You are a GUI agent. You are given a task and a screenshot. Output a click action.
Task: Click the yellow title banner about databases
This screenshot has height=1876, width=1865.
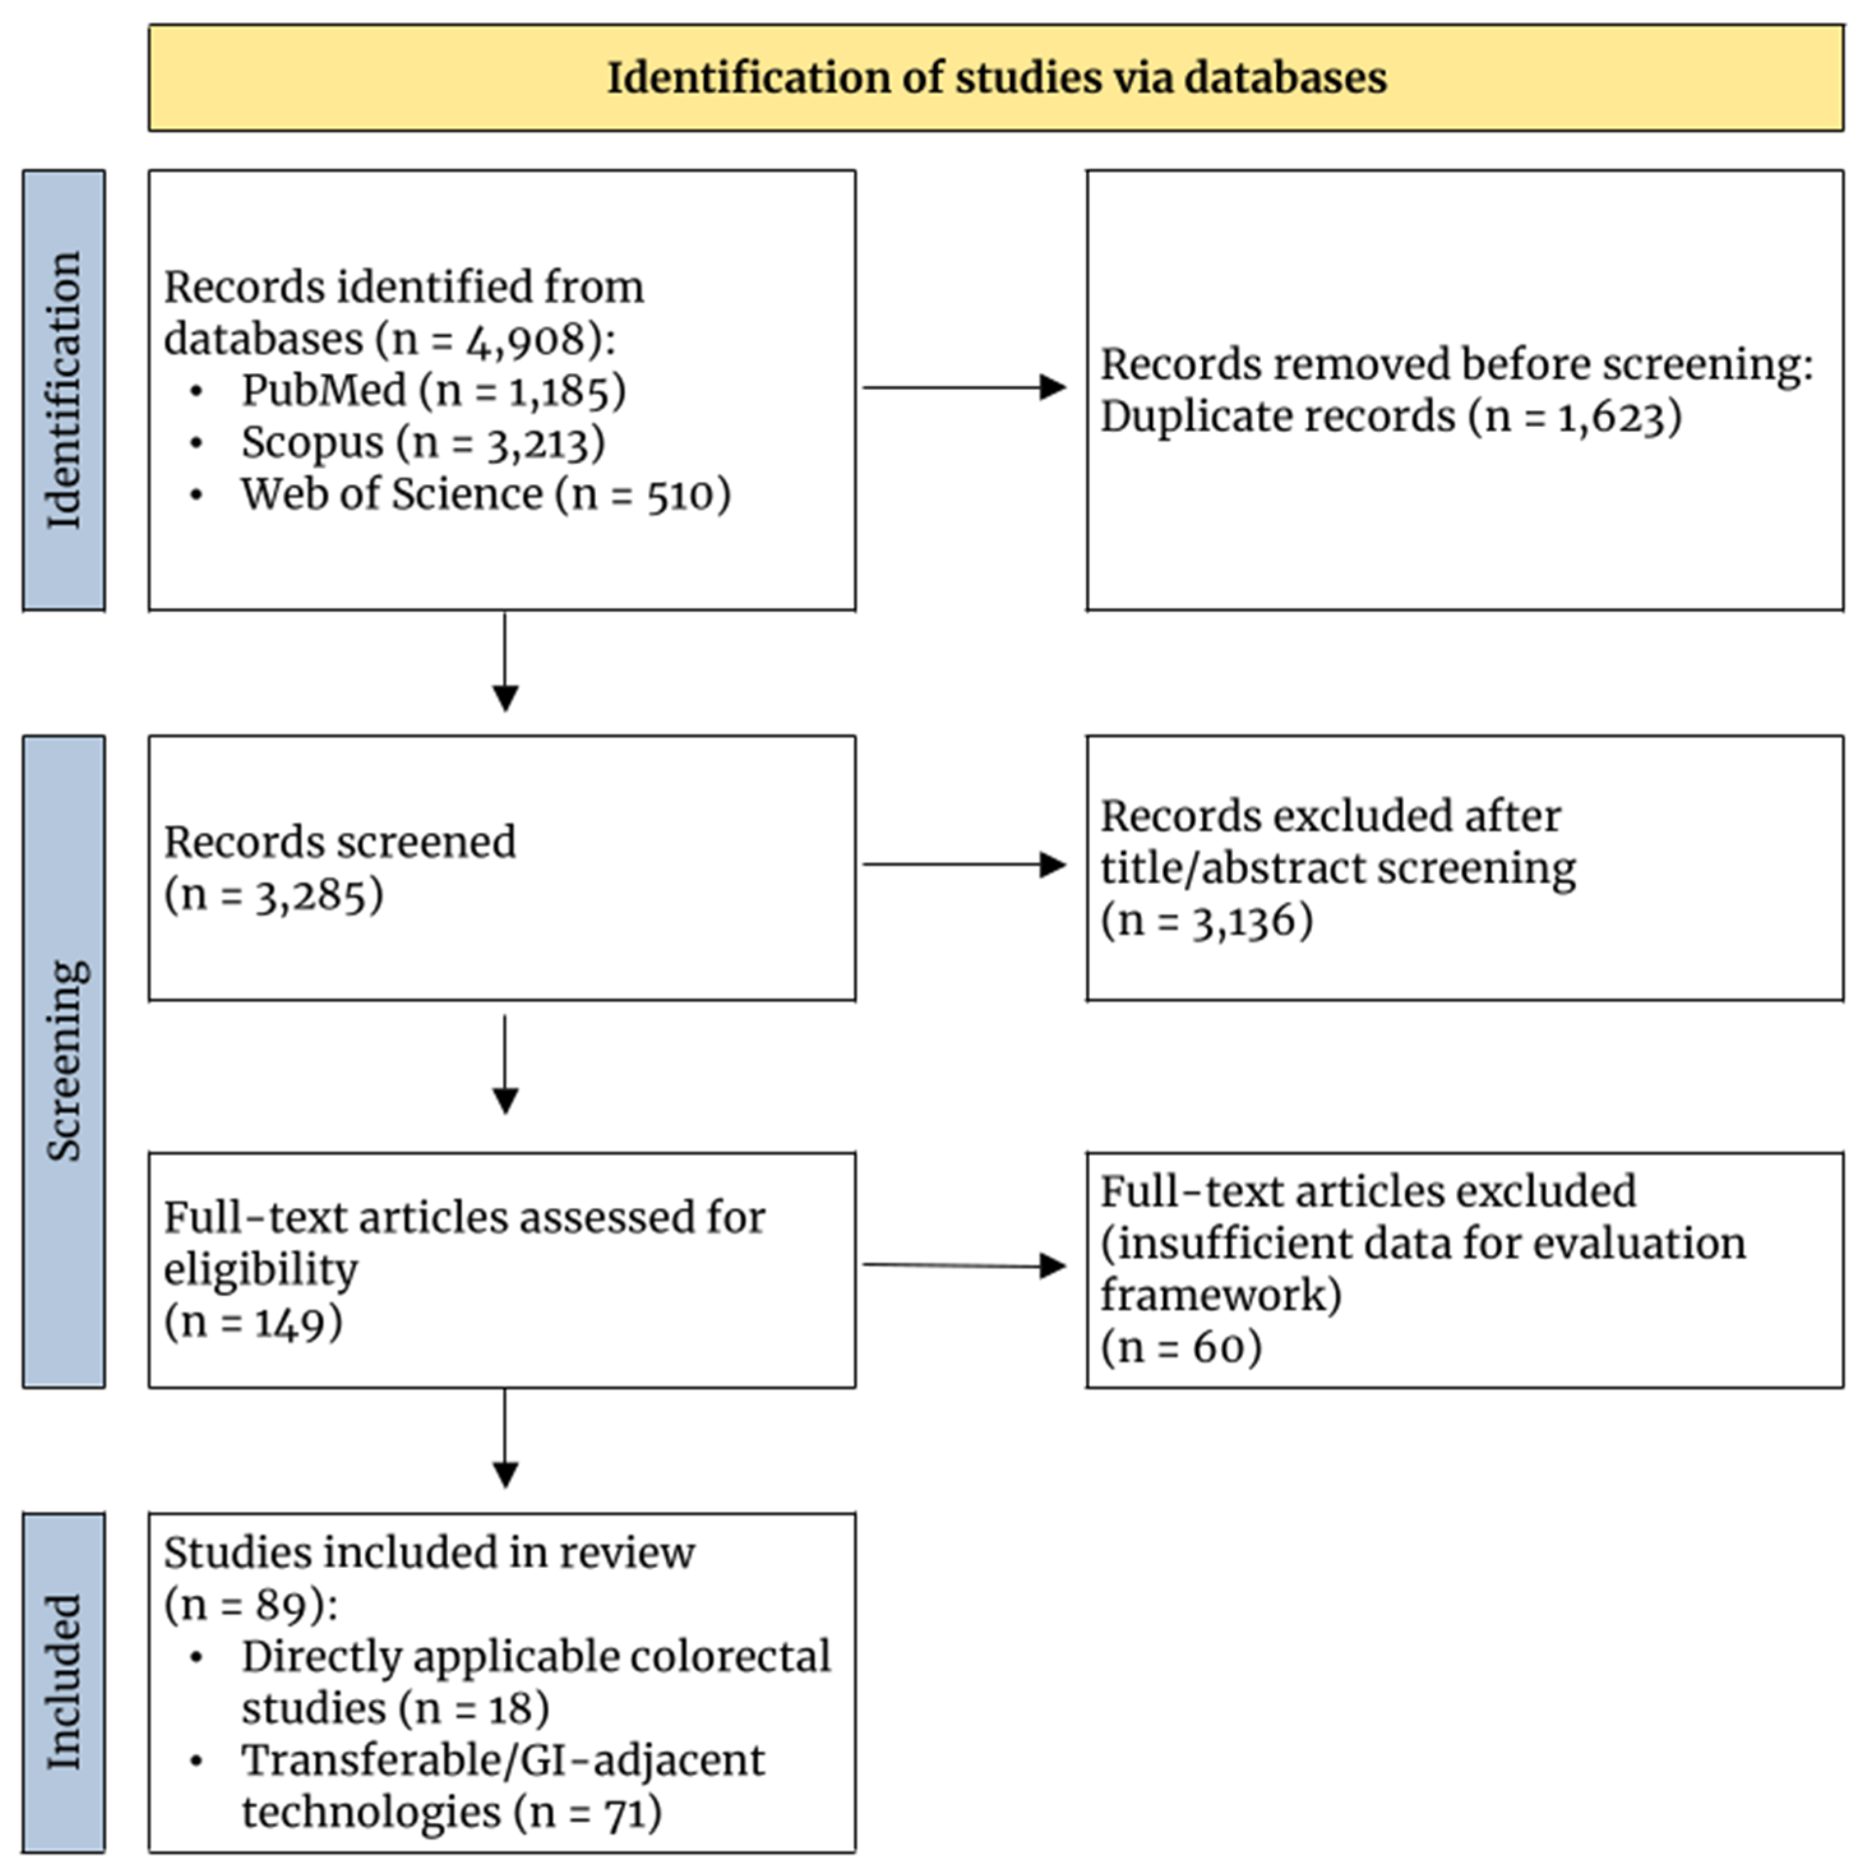[995, 78]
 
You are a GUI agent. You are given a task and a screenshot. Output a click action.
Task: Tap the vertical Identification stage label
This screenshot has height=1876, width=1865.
[64, 390]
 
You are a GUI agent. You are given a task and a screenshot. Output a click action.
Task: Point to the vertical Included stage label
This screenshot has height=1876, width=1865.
[64, 1683]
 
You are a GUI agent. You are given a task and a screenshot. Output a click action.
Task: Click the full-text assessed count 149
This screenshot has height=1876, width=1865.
[290, 1322]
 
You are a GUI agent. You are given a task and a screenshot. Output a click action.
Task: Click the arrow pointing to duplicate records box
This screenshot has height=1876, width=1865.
[965, 387]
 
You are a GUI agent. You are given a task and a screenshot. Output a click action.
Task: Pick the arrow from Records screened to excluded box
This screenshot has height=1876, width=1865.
[965, 864]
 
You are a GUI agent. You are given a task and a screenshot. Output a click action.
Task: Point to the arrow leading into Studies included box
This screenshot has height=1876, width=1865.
[505, 1438]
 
